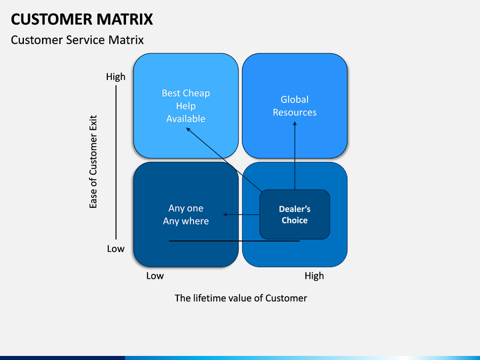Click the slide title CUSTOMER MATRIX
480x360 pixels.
(x=82, y=19)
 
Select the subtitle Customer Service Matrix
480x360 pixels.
(x=77, y=40)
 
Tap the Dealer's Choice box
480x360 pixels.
(x=295, y=214)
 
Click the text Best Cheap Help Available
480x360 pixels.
(x=186, y=105)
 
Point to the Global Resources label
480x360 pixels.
(x=295, y=105)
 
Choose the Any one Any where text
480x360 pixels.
(x=186, y=215)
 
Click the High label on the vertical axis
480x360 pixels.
(x=116, y=77)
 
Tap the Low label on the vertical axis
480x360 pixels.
(x=116, y=249)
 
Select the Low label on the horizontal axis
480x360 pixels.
(x=155, y=276)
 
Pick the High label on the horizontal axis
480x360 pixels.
(x=314, y=276)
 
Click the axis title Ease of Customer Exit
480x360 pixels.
(x=93, y=162)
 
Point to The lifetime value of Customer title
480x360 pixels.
(x=241, y=298)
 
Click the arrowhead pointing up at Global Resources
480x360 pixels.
(x=295, y=123)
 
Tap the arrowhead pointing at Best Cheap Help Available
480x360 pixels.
(x=188, y=130)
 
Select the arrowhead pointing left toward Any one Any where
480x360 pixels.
(x=225, y=215)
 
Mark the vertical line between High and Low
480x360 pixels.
(x=116, y=162)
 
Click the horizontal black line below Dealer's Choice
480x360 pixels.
(x=234, y=241)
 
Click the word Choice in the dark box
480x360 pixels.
(x=295, y=221)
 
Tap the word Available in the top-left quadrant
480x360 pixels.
(x=186, y=119)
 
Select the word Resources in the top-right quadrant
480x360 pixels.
(x=295, y=113)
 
